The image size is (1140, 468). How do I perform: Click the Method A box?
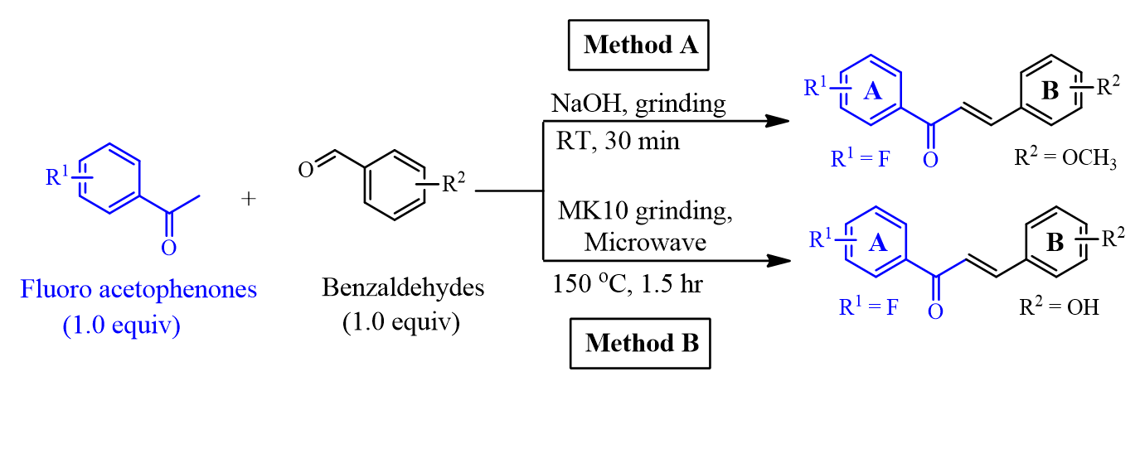pos(640,44)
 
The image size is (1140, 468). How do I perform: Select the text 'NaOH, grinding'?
pos(638,104)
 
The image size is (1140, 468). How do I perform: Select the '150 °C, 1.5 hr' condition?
pos(628,284)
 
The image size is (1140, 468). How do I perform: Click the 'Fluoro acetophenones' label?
pos(139,290)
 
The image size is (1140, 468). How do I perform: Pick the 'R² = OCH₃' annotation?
pos(1065,157)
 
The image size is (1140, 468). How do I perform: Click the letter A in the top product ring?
pos(872,92)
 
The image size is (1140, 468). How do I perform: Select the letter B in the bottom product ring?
pos(1055,243)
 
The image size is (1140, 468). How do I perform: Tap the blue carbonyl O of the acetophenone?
pos(169,247)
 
